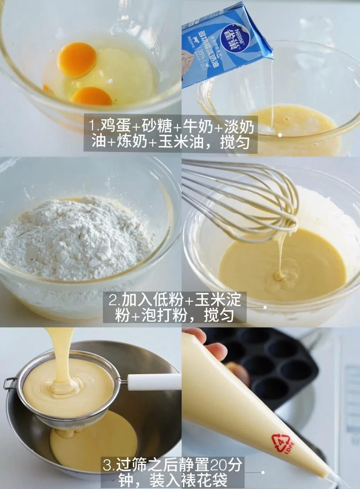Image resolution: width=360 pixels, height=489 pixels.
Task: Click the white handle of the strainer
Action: (x=153, y=381)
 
